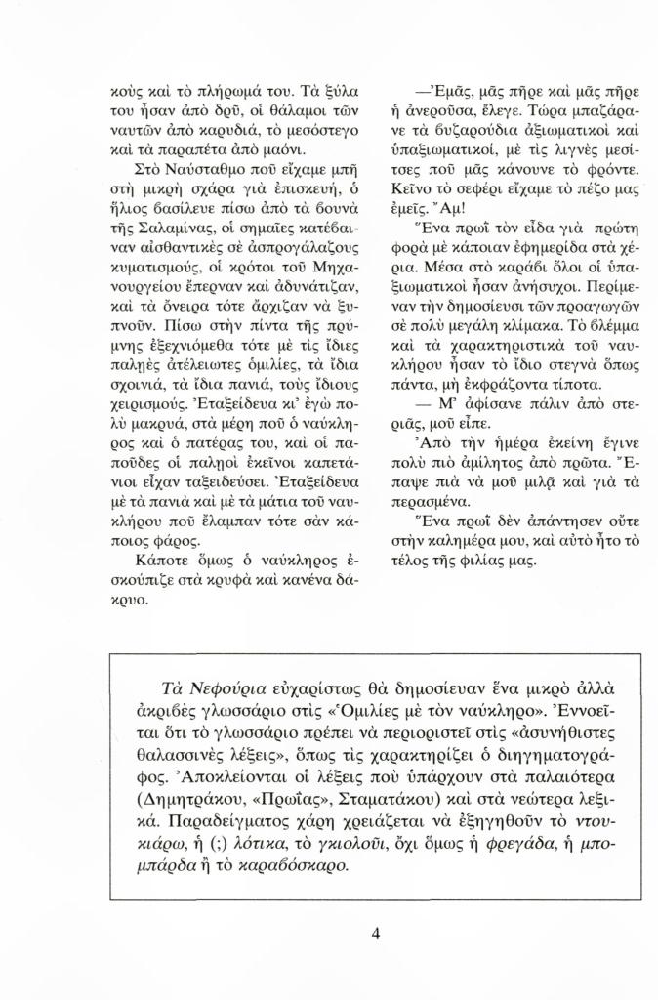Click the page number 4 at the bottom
click(x=376, y=933)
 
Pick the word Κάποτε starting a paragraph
click(x=160, y=564)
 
